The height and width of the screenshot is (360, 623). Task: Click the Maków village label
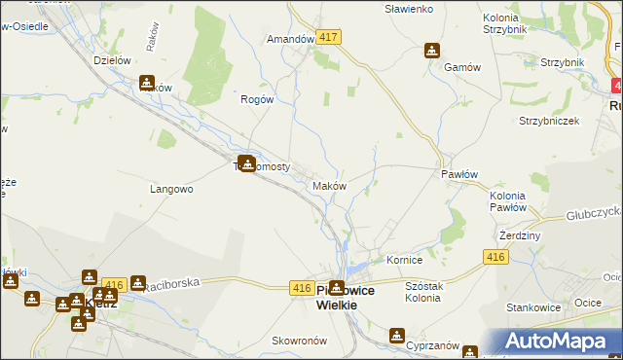click(x=328, y=186)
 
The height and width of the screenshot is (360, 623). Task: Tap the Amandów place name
click(x=290, y=40)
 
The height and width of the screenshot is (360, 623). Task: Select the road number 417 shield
click(x=329, y=37)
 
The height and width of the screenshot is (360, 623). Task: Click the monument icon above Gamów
click(x=432, y=51)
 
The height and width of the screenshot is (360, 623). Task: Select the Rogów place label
click(x=258, y=98)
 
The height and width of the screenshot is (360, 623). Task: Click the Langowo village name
click(x=171, y=189)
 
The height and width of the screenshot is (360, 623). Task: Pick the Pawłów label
click(x=458, y=173)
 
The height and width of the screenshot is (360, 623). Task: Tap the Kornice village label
click(x=404, y=261)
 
